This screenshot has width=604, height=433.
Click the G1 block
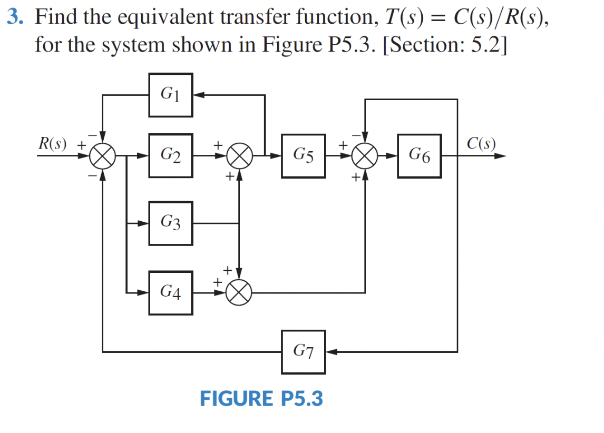pos(170,95)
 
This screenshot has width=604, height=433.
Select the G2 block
pos(170,156)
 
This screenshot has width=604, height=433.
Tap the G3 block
pos(170,223)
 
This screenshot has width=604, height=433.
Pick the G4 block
pos(170,292)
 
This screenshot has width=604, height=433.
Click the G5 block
pos(303,156)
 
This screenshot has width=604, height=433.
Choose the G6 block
pos(420,156)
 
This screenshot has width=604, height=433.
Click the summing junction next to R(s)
pos(103,156)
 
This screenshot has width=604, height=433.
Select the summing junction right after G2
pos(240,156)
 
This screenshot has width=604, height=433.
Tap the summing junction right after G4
pos(240,292)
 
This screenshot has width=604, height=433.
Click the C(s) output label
pos(481,143)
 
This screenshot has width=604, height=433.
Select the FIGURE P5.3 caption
pos(261,399)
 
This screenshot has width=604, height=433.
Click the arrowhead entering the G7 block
pos(332,351)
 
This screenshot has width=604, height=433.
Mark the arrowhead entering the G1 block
pos(198,95)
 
